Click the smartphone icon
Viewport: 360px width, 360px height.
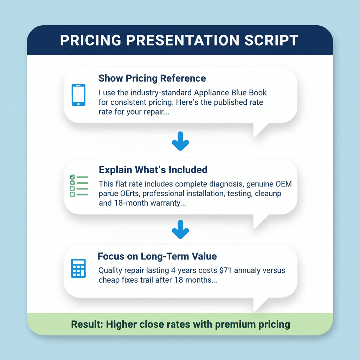pyautogui.click(x=78, y=95)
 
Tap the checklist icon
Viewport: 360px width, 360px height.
pyautogui.click(x=78, y=185)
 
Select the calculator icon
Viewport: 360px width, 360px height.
pyautogui.click(x=78, y=268)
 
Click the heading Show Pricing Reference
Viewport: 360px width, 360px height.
pyautogui.click(x=152, y=78)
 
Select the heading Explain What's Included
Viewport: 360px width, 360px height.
pyautogui.click(x=153, y=170)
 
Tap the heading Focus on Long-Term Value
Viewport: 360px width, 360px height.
pyautogui.click(x=157, y=256)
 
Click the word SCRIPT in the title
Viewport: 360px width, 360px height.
pyautogui.click(x=271, y=40)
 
